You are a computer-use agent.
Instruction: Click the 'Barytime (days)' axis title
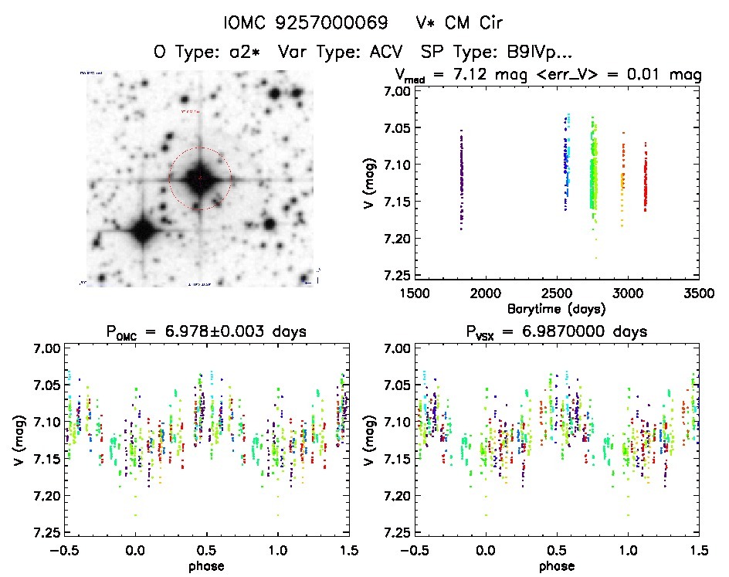pyautogui.click(x=556, y=308)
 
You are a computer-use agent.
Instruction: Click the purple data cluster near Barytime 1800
pyautogui.click(x=462, y=178)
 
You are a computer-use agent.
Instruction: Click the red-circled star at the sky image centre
pyautogui.click(x=200, y=178)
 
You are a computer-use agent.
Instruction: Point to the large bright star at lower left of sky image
pyautogui.click(x=142, y=229)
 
